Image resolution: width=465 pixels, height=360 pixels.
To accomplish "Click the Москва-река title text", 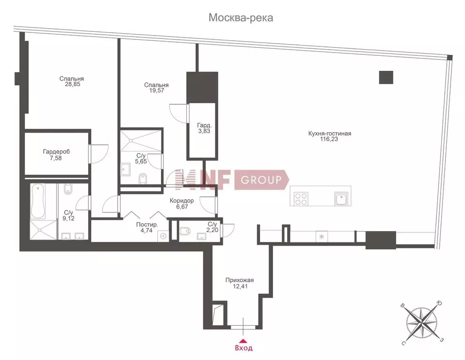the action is tap(241, 18).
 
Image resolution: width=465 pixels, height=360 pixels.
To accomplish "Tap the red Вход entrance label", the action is tap(244, 348).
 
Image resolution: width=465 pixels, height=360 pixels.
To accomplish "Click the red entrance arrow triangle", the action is tap(243, 340).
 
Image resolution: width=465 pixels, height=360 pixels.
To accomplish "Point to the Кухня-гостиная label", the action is tap(330, 134).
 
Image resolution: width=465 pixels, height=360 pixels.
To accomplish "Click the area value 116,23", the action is tap(329, 139).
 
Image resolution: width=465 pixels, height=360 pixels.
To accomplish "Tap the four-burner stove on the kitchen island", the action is tap(301, 199).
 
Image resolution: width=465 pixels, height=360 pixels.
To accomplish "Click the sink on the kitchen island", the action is tap(341, 199).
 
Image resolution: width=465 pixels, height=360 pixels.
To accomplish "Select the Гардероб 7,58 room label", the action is tap(56, 155).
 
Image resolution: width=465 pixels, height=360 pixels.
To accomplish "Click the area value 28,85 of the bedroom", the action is tap(73, 84).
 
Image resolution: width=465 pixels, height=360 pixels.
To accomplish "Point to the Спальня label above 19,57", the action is tap(157, 85).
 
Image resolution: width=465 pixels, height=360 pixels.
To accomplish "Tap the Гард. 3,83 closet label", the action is tap(204, 128).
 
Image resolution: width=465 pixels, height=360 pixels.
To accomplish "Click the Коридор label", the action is tap(182, 201).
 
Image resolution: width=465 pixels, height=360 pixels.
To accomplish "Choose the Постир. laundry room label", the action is tap(147, 225).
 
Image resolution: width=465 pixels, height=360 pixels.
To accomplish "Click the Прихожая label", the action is tap(240, 280).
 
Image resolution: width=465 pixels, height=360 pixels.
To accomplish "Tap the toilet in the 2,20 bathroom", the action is tap(184, 231).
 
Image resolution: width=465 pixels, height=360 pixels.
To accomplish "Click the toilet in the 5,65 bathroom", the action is tap(143, 178).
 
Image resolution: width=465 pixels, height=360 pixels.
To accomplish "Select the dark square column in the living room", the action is tap(386, 77).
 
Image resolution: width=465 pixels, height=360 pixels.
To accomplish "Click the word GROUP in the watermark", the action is tap(261, 180).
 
